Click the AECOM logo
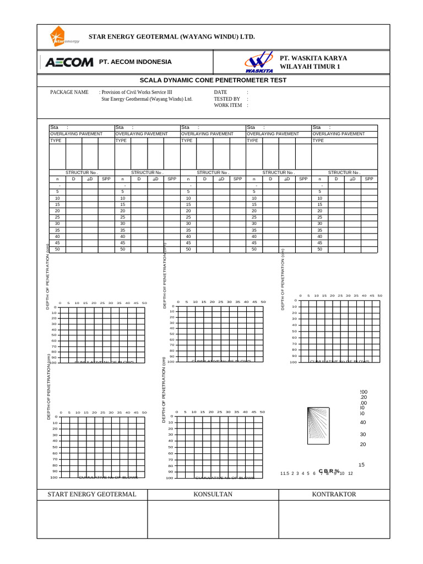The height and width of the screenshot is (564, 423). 69,62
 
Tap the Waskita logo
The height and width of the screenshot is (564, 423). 257,62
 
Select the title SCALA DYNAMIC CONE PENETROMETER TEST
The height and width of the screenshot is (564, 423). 213,80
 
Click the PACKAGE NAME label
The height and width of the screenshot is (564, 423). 69,93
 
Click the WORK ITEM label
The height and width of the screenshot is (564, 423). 228,105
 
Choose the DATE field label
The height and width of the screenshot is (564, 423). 220,93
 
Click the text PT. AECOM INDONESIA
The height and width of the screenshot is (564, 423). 135,62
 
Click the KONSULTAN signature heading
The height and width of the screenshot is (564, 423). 213,494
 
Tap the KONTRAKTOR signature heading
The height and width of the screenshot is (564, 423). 334,494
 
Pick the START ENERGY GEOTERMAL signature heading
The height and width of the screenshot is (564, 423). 92,494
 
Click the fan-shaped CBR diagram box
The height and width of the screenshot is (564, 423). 318,425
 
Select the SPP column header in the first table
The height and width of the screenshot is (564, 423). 106,179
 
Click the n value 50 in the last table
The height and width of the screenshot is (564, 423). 319,250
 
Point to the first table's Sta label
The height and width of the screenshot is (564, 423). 54,127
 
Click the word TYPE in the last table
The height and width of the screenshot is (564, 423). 318,140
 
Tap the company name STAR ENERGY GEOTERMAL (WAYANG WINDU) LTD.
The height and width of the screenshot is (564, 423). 172,36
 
